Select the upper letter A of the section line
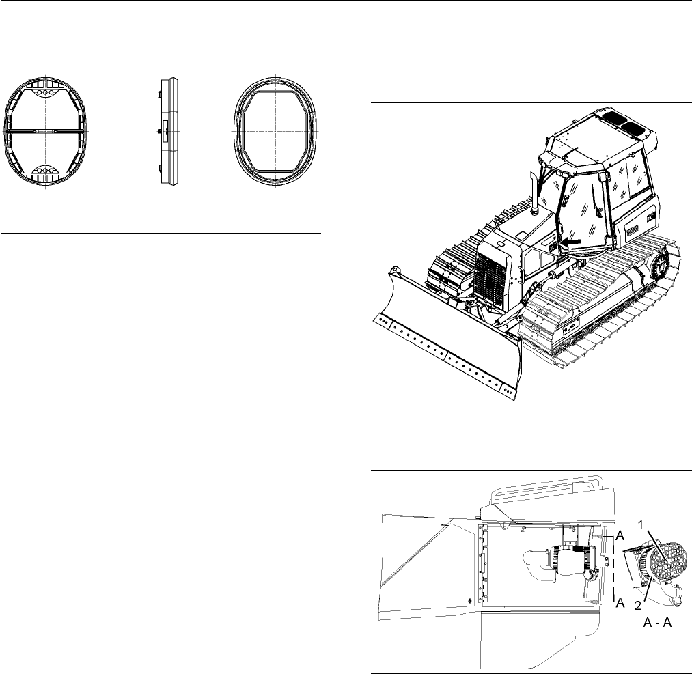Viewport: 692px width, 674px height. pos(620,536)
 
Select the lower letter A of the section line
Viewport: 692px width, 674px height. pos(620,602)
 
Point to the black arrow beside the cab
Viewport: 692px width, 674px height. pos(570,242)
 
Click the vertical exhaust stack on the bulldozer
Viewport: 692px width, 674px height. pos(534,193)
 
